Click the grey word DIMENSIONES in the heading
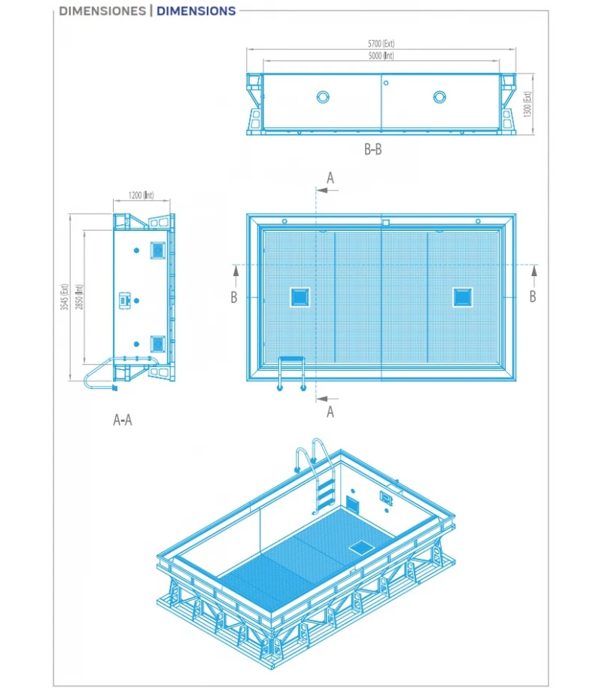coord(102,11)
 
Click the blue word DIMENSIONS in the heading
coord(196,11)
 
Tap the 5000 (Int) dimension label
coord(382,56)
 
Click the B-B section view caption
coord(372,150)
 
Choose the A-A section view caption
coord(123,420)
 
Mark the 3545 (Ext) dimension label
coord(66,296)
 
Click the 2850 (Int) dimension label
coord(78,296)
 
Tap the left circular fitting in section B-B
coord(323,97)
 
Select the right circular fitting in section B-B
coord(440,97)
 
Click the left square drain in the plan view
coord(299,297)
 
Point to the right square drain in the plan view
coord(462,297)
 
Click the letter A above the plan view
coord(330,178)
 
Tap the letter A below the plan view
coord(330,411)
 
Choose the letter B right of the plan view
coord(533,296)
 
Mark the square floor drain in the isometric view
coord(360,548)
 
